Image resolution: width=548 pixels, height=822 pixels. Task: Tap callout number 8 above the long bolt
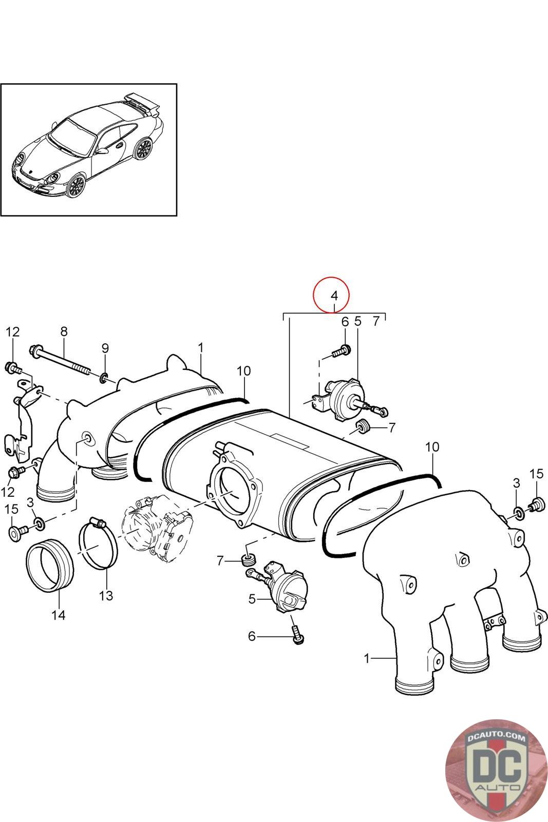pos(64,331)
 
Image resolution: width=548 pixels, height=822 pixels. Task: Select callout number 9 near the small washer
pos(105,348)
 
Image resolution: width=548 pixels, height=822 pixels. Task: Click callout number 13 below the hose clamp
pos(106,595)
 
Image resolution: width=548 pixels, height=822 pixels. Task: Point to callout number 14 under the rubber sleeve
pos(59,614)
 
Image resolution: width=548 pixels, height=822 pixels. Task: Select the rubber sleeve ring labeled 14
pos(50,565)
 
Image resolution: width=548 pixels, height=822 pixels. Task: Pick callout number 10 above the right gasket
pos(432,447)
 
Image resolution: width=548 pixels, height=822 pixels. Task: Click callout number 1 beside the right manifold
pos(367,658)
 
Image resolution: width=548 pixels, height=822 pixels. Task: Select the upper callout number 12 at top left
pos(13,331)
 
